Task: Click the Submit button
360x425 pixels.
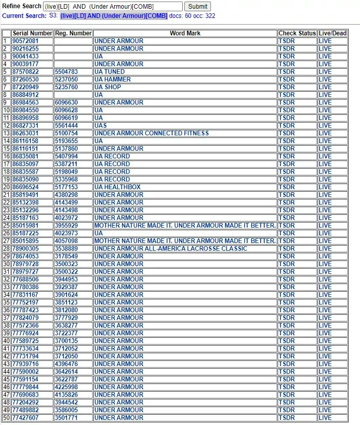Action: [198, 7]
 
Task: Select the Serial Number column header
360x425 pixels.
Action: [32, 33]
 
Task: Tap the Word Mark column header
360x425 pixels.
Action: [185, 33]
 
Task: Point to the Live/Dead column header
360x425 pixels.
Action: [332, 33]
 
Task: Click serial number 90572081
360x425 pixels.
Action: [25, 41]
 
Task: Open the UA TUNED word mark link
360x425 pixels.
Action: [109, 72]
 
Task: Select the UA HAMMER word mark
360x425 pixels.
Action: [112, 79]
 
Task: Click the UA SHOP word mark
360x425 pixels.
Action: [108, 87]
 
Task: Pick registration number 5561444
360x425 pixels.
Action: [67, 126]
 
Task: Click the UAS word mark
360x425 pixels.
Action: [100, 126]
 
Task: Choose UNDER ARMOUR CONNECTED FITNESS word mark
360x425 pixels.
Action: [151, 133]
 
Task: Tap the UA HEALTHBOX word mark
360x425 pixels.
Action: [117, 187]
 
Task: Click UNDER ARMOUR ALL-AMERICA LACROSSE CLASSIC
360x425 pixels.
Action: [171, 249]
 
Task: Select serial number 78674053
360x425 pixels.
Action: [25, 256]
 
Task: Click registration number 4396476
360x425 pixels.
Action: [67, 364]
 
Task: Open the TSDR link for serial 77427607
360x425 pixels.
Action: [286, 418]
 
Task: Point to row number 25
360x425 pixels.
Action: [6, 226]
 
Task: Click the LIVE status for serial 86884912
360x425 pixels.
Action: [325, 95]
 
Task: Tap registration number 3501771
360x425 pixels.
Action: [67, 418]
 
